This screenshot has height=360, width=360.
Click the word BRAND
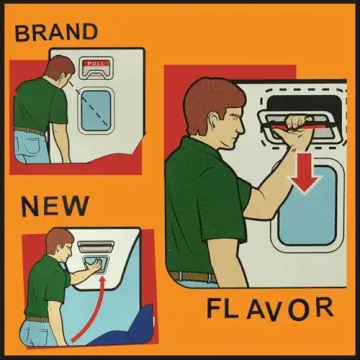coord(56,32)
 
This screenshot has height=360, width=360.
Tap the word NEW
coord(55,205)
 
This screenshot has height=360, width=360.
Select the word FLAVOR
coord(270,310)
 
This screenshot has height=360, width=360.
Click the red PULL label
coord(96,63)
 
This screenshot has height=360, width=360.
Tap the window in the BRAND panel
coord(96,111)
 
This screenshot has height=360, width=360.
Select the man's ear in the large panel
coord(213,120)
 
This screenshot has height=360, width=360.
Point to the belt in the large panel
coord(193,276)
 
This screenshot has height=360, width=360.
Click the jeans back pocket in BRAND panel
coord(27,145)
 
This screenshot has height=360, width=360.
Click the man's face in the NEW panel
coord(66,252)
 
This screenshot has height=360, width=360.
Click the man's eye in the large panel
coord(236,118)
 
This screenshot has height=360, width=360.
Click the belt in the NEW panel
coord(37,319)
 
